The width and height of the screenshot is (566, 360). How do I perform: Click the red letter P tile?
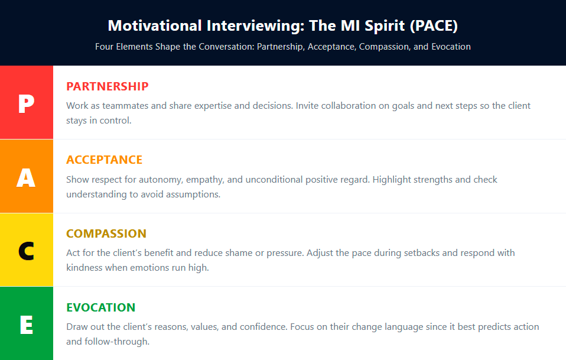27,102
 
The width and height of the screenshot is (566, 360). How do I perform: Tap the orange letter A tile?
27,176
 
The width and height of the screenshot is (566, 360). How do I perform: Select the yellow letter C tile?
27,249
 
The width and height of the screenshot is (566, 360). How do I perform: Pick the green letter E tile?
27,323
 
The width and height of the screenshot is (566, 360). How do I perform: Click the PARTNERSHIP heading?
107,86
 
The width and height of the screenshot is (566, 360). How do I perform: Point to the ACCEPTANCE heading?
104,160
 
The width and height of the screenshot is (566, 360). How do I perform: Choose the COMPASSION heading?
106,233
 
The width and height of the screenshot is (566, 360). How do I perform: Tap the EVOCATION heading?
100,307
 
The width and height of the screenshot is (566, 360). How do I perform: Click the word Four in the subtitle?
105,47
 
